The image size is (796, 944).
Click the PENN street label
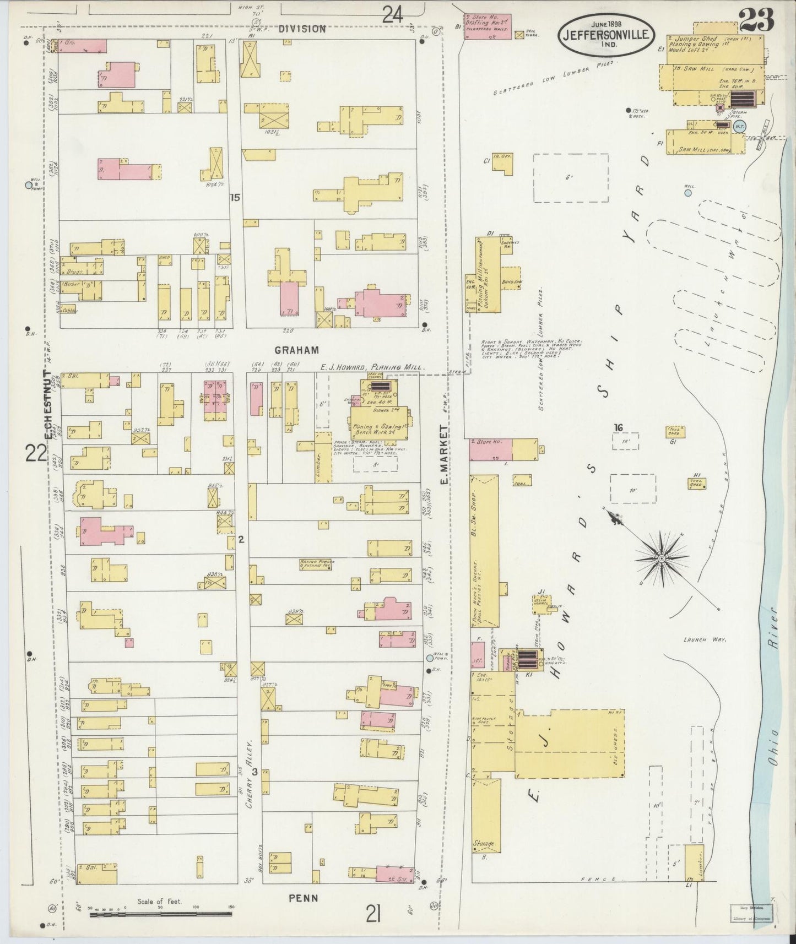pos(304,898)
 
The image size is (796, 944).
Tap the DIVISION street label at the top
pos(301,29)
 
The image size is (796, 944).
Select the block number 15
pos(235,197)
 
